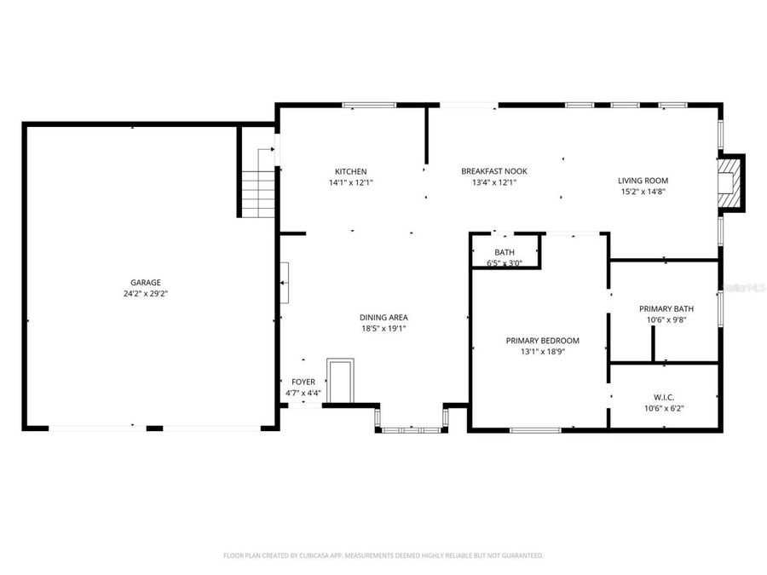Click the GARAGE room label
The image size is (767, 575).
click(145, 283)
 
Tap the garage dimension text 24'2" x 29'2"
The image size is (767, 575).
click(145, 294)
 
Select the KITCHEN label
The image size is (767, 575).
click(351, 171)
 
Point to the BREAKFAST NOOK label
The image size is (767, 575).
click(494, 171)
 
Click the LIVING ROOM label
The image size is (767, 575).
click(643, 181)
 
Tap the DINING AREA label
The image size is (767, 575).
click(383, 318)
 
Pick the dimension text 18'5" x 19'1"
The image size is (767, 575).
click(383, 329)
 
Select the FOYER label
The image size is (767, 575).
click(303, 382)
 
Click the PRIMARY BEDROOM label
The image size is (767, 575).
click(543, 340)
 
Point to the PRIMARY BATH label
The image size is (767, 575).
click(666, 308)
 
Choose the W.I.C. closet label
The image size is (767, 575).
click(664, 398)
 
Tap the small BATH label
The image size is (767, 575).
click(505, 252)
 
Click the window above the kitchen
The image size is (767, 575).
click(369, 105)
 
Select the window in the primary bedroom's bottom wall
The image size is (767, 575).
click(536, 430)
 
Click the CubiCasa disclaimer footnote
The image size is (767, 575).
click(383, 555)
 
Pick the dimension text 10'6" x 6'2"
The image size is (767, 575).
click(664, 409)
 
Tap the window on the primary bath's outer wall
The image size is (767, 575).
click(720, 309)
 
